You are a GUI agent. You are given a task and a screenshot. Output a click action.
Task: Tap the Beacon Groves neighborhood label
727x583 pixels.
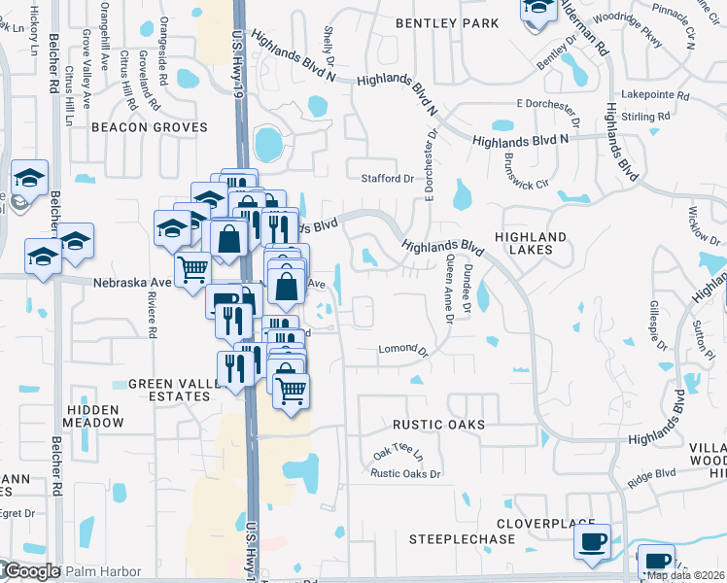[x=150, y=127]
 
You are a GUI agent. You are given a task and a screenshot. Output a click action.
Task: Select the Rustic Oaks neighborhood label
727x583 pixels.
[x=438, y=426]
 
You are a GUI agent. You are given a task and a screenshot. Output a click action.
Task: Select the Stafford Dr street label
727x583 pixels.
[x=388, y=179]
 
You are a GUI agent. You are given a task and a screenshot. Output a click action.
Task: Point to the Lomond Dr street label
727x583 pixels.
[x=403, y=349]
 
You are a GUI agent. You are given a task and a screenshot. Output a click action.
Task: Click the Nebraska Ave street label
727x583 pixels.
[x=132, y=283]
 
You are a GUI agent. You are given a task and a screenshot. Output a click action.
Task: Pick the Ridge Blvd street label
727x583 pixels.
[x=650, y=474]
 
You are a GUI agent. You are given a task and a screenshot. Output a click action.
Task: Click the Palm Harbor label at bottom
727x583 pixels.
[x=104, y=571]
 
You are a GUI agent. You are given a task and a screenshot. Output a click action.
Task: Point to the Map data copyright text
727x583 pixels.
[x=685, y=575]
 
